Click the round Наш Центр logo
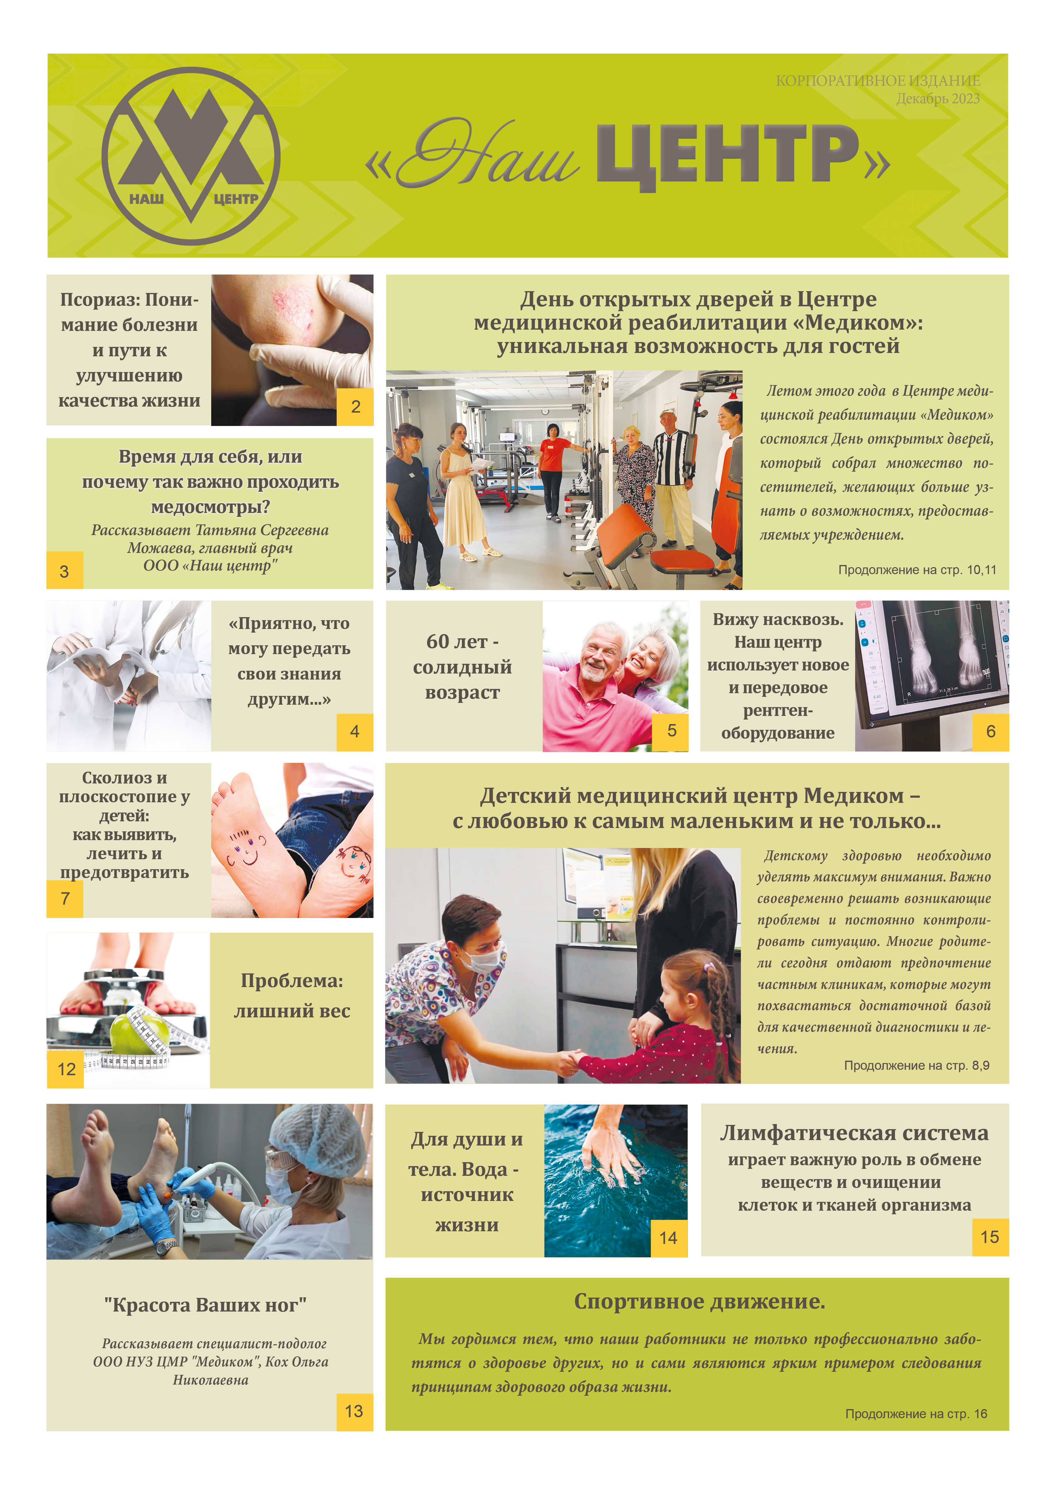(191, 156)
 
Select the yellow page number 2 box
(355, 407)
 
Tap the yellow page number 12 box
(65, 1070)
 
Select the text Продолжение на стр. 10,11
(917, 570)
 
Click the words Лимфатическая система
(854, 1133)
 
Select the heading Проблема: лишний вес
(292, 996)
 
